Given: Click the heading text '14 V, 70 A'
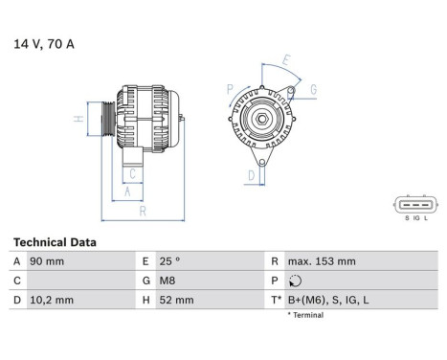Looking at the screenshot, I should click(44, 43).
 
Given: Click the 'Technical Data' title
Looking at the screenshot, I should click(54, 242).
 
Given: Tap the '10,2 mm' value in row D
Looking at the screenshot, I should click(54, 300).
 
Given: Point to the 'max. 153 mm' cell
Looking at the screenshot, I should click(322, 261).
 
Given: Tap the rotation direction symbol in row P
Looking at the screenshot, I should click(293, 281).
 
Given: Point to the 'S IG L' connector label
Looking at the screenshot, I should click(414, 218).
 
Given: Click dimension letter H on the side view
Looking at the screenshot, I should click(78, 120).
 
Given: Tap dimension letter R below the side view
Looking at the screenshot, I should click(141, 211).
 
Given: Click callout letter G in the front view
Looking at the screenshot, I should click(313, 90).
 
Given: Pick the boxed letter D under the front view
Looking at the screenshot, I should click(251, 175).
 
